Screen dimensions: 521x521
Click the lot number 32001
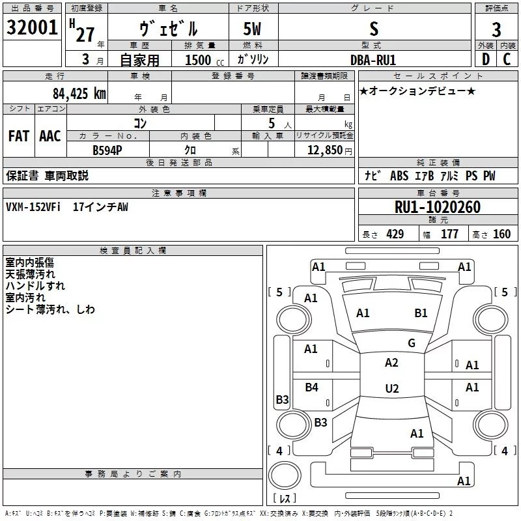click(32, 27)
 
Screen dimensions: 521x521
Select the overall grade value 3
click(496, 29)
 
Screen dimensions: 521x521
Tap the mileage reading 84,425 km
click(79, 94)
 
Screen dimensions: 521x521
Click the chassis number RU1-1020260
click(438, 207)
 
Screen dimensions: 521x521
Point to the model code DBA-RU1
click(373, 60)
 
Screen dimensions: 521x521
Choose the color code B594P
click(107, 150)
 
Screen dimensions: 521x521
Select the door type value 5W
click(252, 29)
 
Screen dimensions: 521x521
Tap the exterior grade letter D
click(486, 59)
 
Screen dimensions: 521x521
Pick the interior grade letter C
click(507, 59)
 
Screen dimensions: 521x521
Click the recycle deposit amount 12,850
click(324, 150)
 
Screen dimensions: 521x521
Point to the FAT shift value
click(19, 136)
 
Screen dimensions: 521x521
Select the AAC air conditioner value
click(50, 136)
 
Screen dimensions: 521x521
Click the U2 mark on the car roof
click(392, 388)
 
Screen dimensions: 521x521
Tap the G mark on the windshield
click(412, 343)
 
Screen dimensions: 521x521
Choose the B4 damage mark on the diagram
click(312, 387)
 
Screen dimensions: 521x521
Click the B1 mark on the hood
click(421, 313)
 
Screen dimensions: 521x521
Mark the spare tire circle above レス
click(285, 475)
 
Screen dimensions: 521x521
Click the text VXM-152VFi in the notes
click(33, 207)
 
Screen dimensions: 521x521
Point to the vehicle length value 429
click(395, 234)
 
